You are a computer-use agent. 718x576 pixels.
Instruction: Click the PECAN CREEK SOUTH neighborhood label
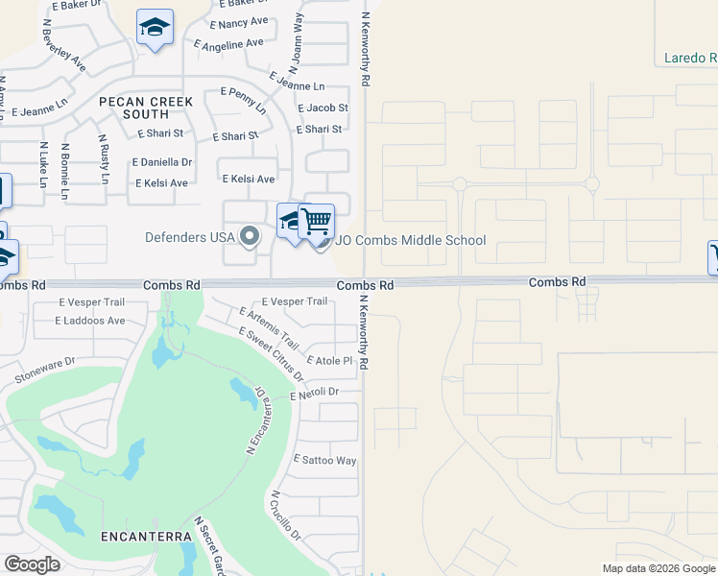tap(145, 108)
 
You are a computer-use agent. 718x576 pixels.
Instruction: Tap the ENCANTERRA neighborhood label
tap(145, 536)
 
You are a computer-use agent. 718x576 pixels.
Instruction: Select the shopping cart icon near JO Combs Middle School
tap(316, 222)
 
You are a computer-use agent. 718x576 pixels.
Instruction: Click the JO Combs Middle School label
tap(410, 241)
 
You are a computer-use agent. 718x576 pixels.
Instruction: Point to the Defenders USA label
tap(190, 237)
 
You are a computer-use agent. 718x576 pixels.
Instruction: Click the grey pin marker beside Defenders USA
tap(251, 235)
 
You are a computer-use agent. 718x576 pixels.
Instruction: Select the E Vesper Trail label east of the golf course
tap(294, 301)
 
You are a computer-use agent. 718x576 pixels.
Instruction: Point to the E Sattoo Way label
tap(324, 461)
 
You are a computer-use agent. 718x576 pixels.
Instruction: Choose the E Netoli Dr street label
tap(314, 393)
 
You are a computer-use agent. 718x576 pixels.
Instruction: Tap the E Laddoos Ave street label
tap(91, 321)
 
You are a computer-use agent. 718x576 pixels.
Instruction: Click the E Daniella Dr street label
tap(164, 163)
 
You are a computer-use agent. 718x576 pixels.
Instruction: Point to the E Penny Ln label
tap(244, 100)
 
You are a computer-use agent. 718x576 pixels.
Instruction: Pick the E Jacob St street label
tap(323, 108)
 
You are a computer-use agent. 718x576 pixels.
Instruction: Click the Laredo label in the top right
tap(690, 58)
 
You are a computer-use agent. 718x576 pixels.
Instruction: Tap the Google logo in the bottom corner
tap(32, 564)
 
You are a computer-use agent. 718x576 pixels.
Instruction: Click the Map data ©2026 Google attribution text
tap(658, 568)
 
